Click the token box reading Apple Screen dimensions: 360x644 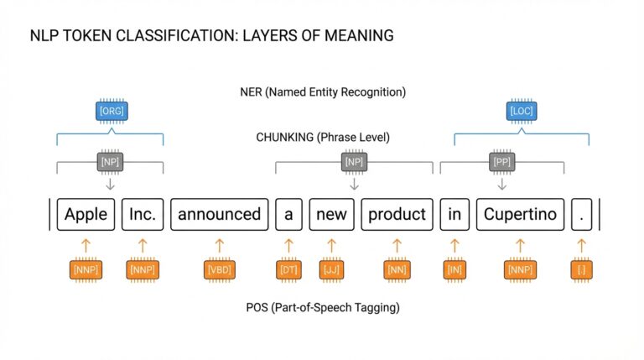point(86,214)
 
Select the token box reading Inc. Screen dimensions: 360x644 point(142,214)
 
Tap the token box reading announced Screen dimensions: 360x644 point(220,214)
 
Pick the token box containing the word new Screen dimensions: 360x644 point(331,214)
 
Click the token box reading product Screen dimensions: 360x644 point(397,214)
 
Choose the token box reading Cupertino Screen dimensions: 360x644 point(520,214)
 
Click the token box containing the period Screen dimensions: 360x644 point(580,214)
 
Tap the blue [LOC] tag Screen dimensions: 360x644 point(521,110)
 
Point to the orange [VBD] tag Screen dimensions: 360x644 point(220,269)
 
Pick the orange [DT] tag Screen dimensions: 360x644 point(288,269)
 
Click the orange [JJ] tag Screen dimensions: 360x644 point(331,269)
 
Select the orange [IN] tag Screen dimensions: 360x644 point(454,269)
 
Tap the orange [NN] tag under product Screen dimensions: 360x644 point(397,269)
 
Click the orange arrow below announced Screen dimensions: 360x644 point(220,245)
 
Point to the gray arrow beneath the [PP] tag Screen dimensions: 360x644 point(501,183)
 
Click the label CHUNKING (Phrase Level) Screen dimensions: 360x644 point(323,137)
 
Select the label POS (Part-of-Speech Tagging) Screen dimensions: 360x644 point(323,307)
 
